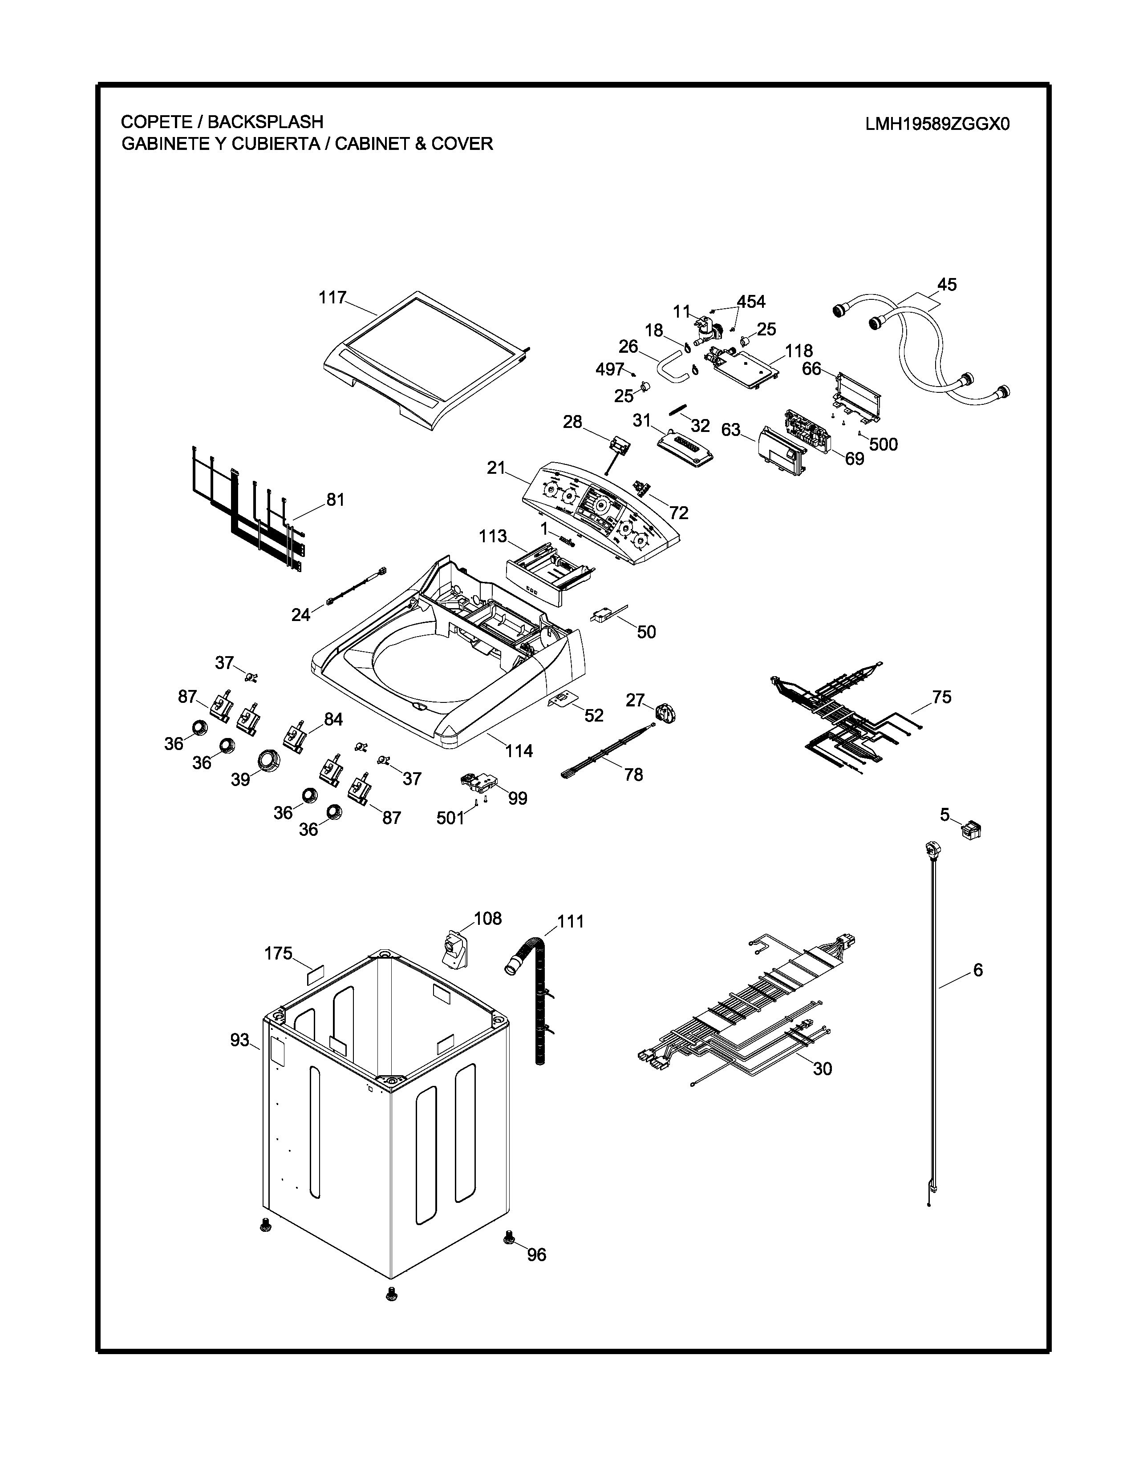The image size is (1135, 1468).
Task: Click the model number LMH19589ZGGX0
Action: (x=937, y=125)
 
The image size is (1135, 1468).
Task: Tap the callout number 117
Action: (x=332, y=297)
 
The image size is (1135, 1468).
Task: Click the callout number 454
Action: (x=751, y=302)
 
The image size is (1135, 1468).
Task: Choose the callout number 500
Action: (x=884, y=444)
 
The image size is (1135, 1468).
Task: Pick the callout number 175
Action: (x=278, y=953)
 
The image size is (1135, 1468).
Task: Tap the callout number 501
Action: (x=450, y=818)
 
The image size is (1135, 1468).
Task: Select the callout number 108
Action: (x=487, y=918)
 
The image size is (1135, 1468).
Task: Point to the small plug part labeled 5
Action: (x=971, y=831)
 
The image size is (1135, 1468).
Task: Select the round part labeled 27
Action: (x=664, y=712)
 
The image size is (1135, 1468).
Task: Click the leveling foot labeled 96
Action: (x=510, y=1236)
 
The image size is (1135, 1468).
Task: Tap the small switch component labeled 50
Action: (x=600, y=614)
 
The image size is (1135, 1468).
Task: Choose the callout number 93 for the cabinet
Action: (x=239, y=1040)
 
